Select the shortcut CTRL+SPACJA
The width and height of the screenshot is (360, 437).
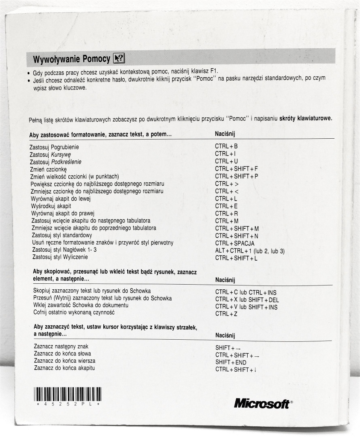click(234, 243)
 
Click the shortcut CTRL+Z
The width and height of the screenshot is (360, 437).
click(226, 314)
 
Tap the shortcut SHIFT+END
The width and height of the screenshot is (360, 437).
click(231, 362)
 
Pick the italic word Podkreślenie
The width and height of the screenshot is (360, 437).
click(66, 162)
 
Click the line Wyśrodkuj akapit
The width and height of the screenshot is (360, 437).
click(51, 206)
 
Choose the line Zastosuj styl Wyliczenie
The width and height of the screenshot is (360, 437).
click(60, 257)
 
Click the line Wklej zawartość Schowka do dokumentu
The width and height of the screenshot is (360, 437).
click(81, 305)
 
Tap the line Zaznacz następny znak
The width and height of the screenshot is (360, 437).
click(61, 347)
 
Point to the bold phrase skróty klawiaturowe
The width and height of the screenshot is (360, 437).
click(305, 119)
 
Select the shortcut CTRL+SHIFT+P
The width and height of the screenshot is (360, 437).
click(237, 176)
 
